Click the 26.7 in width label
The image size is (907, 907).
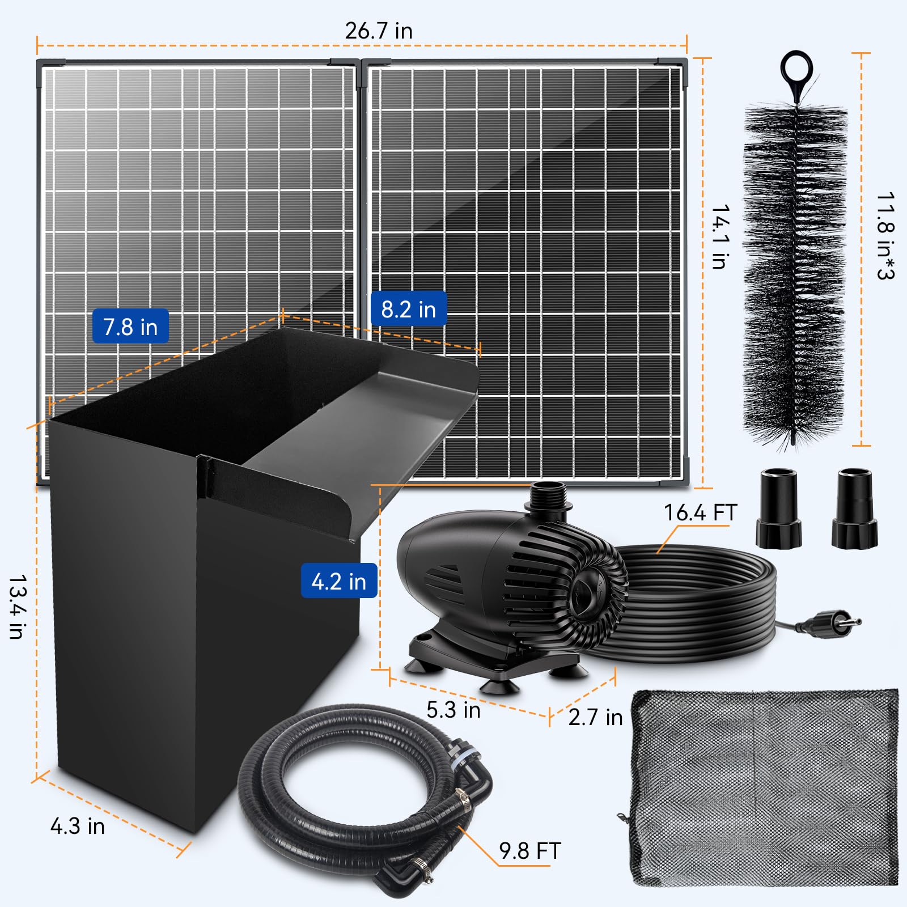coord(379,31)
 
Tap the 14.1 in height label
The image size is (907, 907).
coord(720,236)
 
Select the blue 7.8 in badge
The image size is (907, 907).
coord(130,327)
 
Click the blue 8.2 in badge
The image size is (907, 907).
coord(408,310)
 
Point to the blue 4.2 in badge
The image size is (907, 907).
coord(338,581)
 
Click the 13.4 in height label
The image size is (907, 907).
coord(18,607)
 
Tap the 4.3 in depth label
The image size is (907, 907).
coord(78,826)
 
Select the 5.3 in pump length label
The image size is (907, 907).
coord(453,710)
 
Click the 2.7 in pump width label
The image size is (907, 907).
coord(595,717)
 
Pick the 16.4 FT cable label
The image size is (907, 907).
coord(700,512)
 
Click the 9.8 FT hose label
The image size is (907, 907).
coord(529,851)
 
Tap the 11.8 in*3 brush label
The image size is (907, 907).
coord(885,236)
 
